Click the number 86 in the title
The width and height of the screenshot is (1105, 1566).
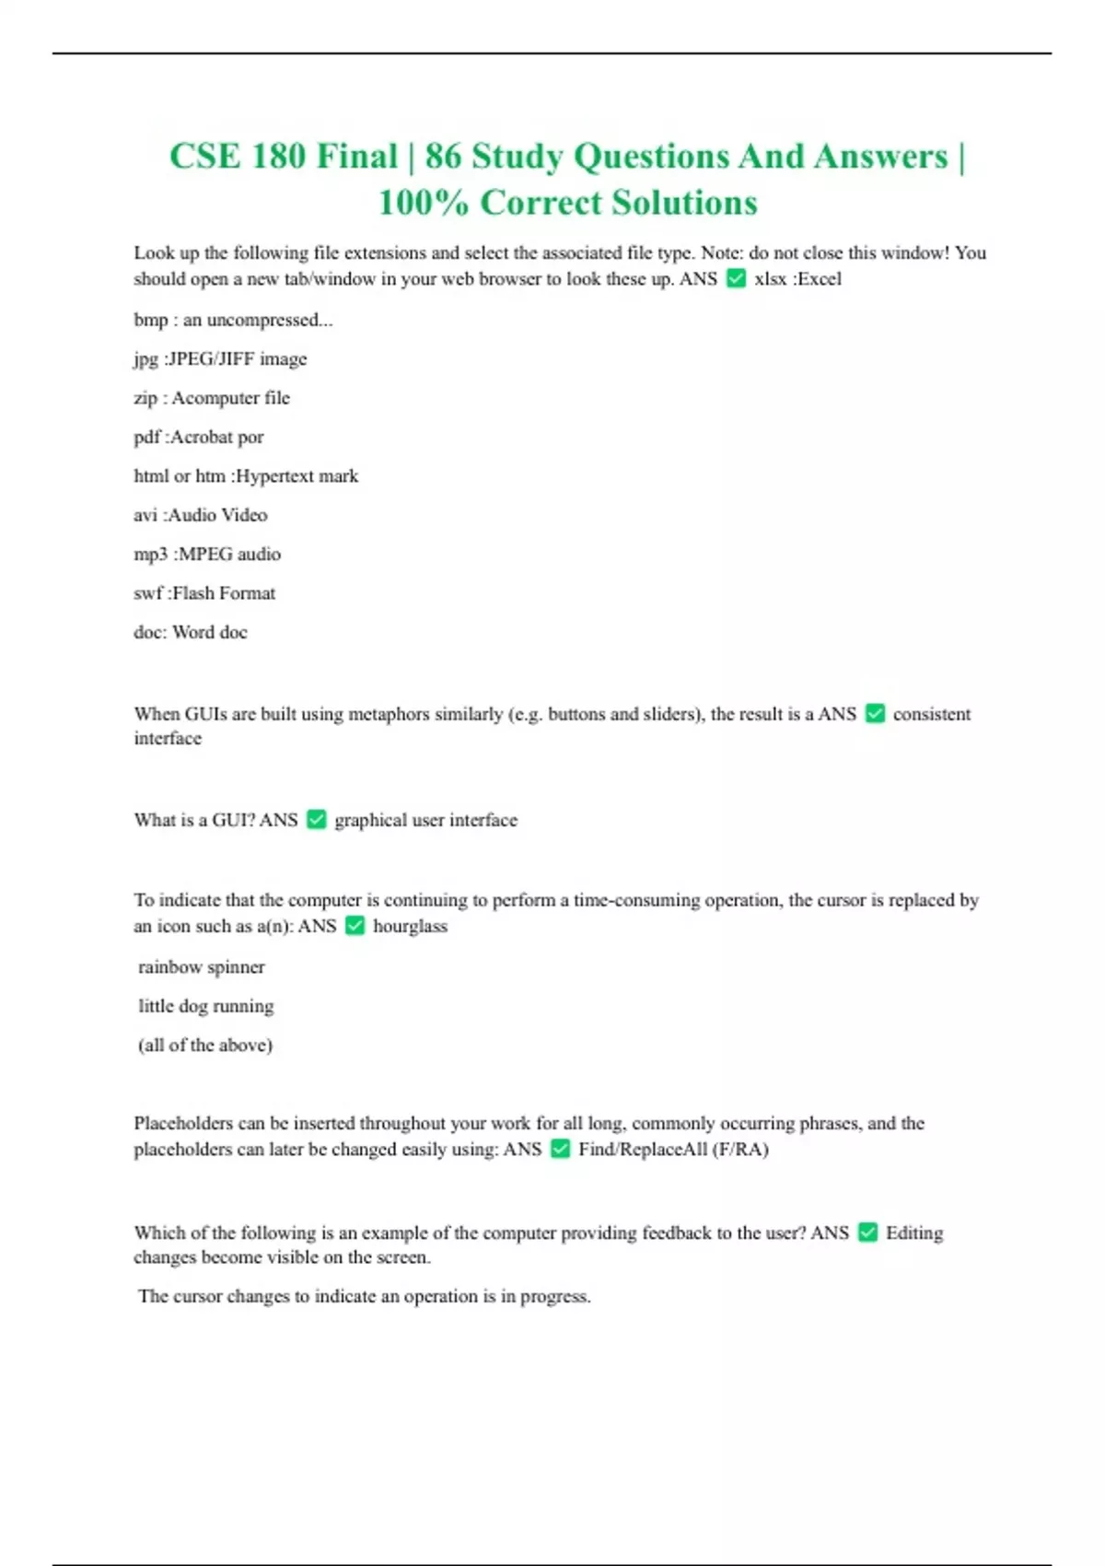pos(442,157)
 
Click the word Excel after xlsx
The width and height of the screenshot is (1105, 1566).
pos(820,278)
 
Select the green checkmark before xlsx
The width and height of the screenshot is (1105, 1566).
pos(736,278)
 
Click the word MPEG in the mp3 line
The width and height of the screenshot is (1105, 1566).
pos(204,554)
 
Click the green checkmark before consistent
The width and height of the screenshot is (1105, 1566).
pos(875,714)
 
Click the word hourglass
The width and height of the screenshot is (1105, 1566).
pos(410,926)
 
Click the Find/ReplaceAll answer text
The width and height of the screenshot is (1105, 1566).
pos(673,1149)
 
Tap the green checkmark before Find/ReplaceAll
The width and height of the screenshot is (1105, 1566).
pos(560,1149)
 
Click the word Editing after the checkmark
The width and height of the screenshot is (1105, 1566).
pos(913,1233)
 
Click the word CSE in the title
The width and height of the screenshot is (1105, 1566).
pos(204,157)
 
